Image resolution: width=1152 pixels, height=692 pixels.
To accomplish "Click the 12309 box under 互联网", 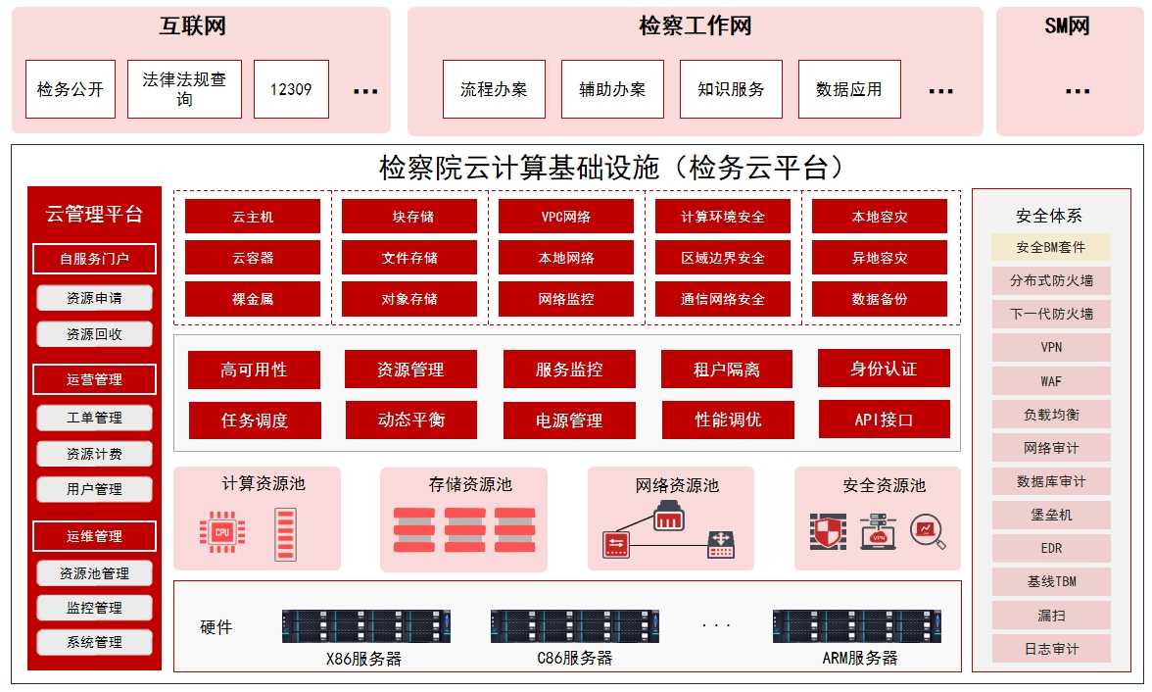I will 291,89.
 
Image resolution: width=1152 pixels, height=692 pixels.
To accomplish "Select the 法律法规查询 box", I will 184,89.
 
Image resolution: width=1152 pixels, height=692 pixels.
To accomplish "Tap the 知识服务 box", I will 731,89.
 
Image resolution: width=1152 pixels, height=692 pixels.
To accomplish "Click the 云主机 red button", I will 253,217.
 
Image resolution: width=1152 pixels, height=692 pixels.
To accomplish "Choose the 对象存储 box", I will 409,299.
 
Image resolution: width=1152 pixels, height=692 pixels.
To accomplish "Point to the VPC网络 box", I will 566,217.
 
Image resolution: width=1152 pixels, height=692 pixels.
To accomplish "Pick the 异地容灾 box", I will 880,258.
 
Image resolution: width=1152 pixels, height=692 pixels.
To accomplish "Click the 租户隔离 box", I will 727,370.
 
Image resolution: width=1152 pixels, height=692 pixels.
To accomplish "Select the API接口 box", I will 884,420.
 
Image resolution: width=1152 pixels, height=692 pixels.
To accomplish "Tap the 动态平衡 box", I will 410,420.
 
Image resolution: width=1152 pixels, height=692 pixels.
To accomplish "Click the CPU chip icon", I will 222,531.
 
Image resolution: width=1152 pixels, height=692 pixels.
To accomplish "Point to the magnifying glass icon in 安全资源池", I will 927,531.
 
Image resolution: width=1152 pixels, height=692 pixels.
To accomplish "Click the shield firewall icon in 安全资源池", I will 828,531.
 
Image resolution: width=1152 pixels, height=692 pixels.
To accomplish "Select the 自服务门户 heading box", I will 94,259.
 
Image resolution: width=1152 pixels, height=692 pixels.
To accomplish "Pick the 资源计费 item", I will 94,454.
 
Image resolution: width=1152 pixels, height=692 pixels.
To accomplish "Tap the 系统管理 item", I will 94,642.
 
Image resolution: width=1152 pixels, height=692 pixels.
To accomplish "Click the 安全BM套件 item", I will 1051,247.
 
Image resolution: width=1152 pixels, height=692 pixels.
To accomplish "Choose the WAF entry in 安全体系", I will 1051,380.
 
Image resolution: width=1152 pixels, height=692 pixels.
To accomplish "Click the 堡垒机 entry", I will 1051,515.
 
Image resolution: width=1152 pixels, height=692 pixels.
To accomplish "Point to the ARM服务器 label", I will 859,658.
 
